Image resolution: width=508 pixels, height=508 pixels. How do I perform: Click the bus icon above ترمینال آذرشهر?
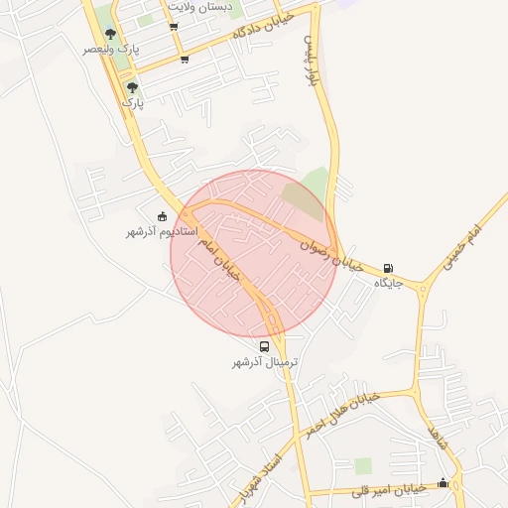coord(264,346)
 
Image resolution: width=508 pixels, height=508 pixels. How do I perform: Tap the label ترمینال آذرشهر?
coord(265,363)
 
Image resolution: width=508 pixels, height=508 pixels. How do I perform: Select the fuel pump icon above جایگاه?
coord(387,267)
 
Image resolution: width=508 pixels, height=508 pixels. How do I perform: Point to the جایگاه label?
coord(387,283)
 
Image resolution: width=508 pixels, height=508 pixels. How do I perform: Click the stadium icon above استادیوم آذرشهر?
coord(163,215)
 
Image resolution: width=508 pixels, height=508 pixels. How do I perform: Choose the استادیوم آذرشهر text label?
coord(161,231)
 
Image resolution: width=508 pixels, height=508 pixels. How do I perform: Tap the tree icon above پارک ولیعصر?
coord(110,34)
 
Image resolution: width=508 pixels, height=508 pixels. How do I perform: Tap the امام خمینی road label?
coord(460,247)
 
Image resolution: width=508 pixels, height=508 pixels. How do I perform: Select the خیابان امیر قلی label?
coord(395,488)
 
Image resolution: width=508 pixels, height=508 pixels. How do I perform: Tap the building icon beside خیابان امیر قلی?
coord(443,483)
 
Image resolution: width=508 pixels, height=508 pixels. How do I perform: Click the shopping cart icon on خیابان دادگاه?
coord(185,59)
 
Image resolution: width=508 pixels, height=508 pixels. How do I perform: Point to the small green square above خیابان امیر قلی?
coord(363,465)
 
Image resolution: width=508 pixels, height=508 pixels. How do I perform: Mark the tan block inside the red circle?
coord(296,198)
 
